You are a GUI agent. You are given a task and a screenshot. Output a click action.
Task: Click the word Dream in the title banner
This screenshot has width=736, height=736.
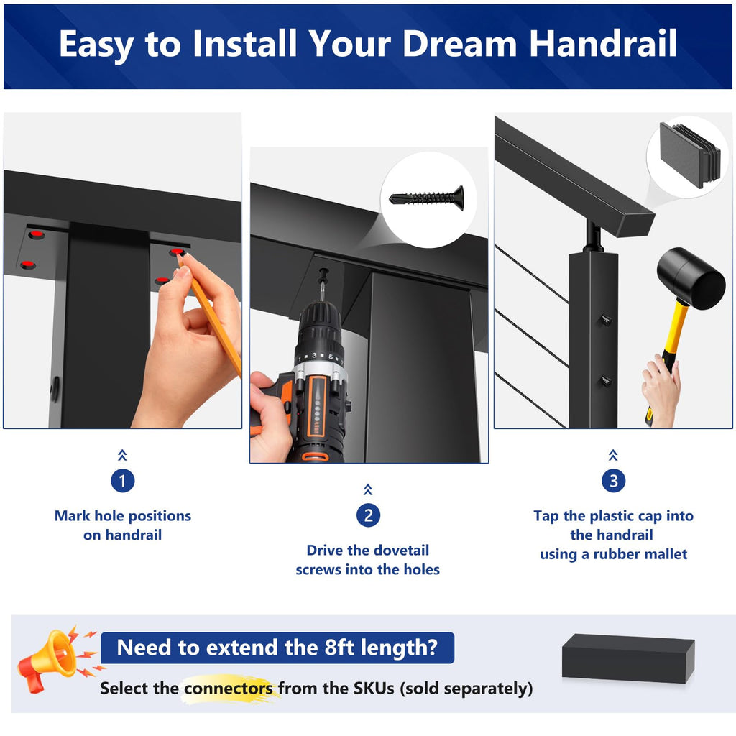click(x=459, y=44)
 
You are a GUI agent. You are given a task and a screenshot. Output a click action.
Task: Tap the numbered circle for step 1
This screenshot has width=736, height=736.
click(x=122, y=481)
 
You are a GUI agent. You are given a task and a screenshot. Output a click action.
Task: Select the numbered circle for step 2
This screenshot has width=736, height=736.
click(x=369, y=515)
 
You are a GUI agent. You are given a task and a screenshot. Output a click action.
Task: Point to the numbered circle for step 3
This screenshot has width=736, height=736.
click(x=614, y=481)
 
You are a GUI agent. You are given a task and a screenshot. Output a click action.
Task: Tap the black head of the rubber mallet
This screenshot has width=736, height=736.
click(x=691, y=278)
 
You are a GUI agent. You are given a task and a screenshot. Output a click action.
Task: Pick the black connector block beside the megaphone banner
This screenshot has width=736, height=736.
click(x=628, y=658)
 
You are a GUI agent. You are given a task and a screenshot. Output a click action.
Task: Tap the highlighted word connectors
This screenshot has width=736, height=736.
click(x=229, y=689)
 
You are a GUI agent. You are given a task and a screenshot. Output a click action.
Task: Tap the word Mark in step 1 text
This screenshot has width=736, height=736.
click(x=73, y=516)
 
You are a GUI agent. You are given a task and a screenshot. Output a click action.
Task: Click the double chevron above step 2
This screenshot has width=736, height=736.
click(x=368, y=489)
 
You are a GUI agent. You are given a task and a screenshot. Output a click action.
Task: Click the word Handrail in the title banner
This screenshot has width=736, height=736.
click(x=603, y=44)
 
